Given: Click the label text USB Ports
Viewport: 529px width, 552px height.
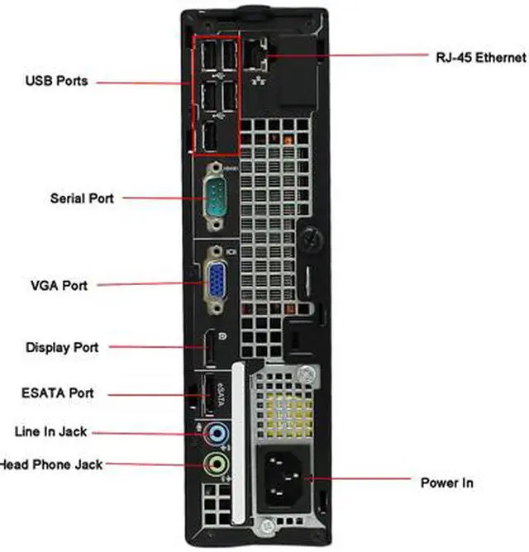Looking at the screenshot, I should click(x=56, y=81).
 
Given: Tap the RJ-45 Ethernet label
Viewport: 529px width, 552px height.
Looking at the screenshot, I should click(x=480, y=57).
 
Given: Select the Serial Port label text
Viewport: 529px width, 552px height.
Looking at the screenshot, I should click(x=82, y=198).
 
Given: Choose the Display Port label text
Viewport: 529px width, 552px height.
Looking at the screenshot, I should click(x=62, y=347).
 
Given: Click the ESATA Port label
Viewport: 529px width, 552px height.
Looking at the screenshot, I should click(x=57, y=393).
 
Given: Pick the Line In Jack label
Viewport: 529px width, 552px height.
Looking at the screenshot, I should click(x=50, y=431).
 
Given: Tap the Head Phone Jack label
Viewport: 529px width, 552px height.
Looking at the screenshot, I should click(x=51, y=464).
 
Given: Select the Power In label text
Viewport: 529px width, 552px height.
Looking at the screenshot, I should click(x=446, y=483).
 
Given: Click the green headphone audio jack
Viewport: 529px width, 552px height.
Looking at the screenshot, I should click(x=216, y=464).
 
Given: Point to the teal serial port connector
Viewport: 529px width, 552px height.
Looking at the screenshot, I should click(x=217, y=198).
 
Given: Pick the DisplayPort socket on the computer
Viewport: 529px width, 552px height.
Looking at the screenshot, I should click(x=212, y=349).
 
